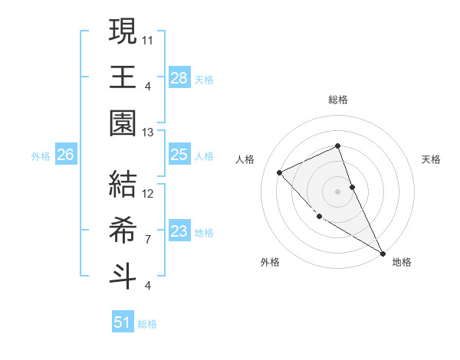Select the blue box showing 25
pos(179,155)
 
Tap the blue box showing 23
pos(179,231)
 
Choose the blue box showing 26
pos(65,155)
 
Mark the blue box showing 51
pos(122,322)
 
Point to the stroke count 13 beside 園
pos(149,133)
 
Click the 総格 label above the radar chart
pos(337,100)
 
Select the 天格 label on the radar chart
pos(431,159)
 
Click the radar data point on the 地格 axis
pos(383,254)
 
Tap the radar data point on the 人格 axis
pos(280,172)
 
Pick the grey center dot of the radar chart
pos(337,191)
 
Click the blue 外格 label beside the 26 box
pos(41,156)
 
